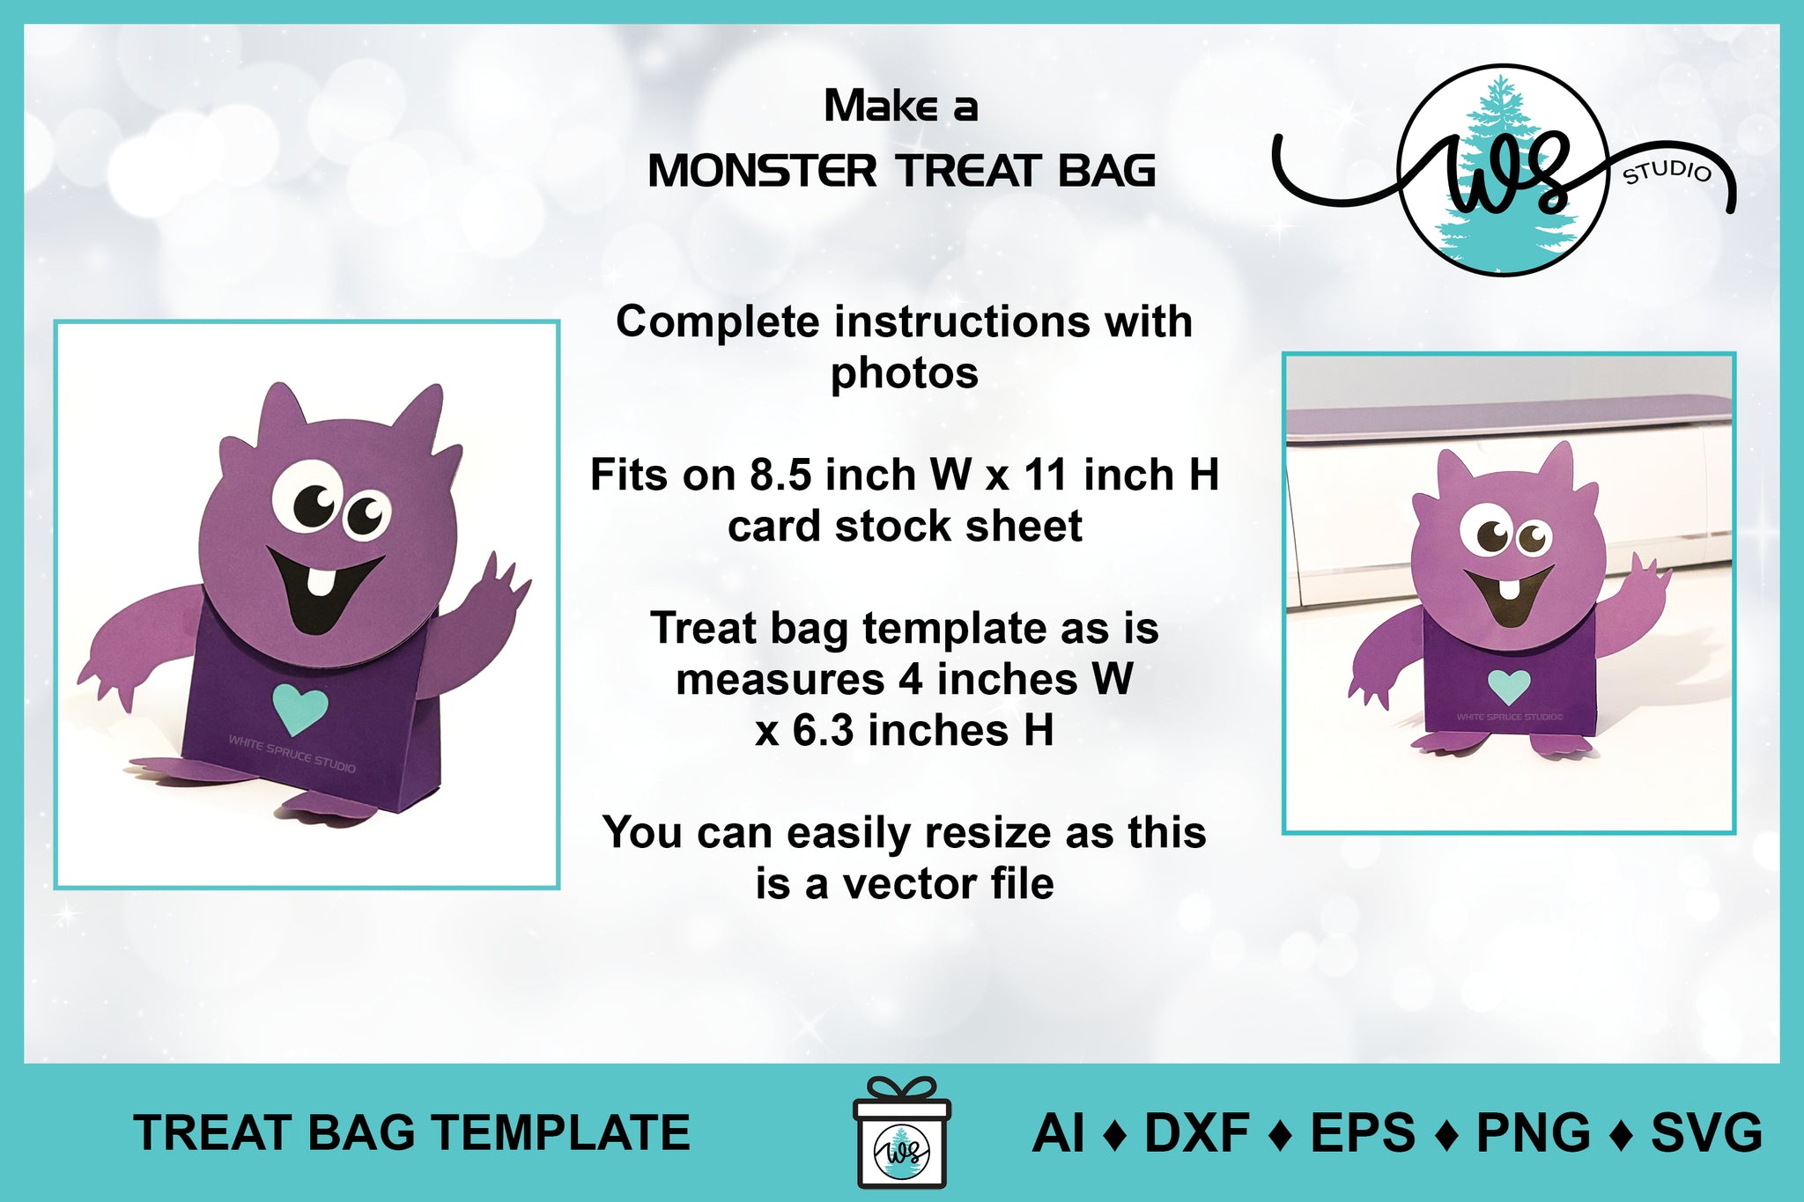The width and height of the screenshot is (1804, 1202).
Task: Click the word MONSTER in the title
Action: click(x=763, y=171)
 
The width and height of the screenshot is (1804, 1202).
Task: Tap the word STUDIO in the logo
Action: click(x=1667, y=172)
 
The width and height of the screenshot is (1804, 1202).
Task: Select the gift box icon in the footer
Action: click(x=902, y=1132)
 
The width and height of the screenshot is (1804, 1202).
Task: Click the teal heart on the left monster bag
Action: click(x=300, y=708)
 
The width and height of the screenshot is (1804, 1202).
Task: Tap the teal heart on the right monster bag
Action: click(x=1509, y=685)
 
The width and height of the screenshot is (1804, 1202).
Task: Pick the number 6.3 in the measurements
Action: click(x=823, y=730)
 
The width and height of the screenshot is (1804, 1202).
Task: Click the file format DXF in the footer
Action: click(x=1196, y=1133)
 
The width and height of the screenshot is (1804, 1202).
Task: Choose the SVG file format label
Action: click(x=1706, y=1133)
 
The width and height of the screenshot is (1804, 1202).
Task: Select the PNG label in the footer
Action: click(x=1534, y=1133)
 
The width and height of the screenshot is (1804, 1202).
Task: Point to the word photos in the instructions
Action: click(x=905, y=374)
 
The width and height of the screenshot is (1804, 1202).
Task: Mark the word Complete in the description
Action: click(x=718, y=323)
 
